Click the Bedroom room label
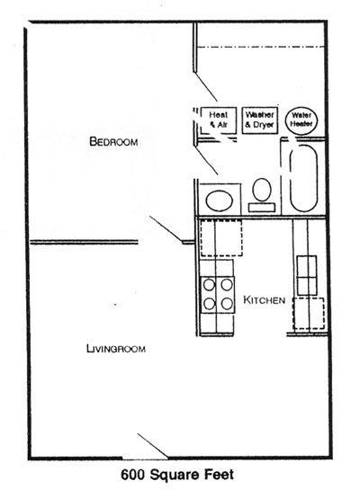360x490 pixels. click(x=113, y=142)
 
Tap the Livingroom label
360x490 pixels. click(x=116, y=349)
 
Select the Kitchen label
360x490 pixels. click(x=265, y=300)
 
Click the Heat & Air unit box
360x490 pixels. click(x=219, y=120)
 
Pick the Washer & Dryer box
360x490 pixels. click(x=260, y=120)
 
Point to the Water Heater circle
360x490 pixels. click(x=301, y=120)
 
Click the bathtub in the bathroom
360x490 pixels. click(x=303, y=178)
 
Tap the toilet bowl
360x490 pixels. click(x=262, y=190)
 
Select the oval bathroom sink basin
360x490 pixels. click(x=220, y=200)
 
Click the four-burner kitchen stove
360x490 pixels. click(x=218, y=295)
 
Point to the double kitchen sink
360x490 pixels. click(x=307, y=275)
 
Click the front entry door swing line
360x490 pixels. click(x=153, y=446)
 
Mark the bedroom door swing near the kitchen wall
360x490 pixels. click(x=166, y=229)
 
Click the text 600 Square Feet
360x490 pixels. click(x=177, y=475)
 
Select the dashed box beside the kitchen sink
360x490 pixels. click(x=309, y=313)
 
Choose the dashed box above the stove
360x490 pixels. click(x=221, y=238)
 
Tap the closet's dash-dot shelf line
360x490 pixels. click(x=260, y=47)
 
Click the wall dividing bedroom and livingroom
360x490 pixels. click(x=84, y=242)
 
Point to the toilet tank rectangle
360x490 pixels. click(x=262, y=208)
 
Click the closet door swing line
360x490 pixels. click(x=205, y=87)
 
